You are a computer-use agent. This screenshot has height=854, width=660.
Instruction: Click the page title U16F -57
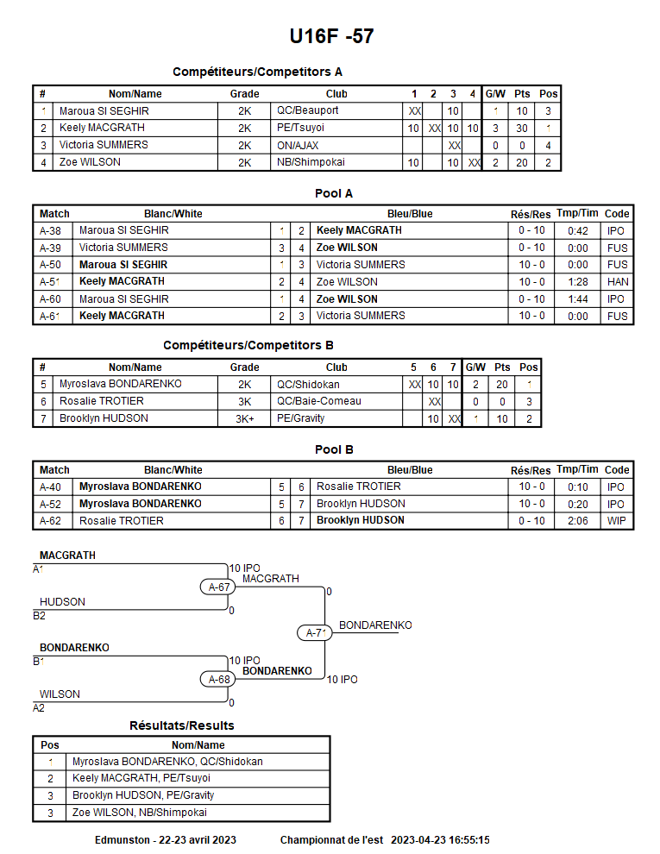pyautogui.click(x=331, y=36)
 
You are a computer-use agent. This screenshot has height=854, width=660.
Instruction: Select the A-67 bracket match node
pyautogui.click(x=220, y=587)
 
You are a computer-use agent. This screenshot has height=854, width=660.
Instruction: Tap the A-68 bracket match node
pyautogui.click(x=220, y=679)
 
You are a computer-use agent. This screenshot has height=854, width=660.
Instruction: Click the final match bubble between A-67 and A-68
pyautogui.click(x=317, y=633)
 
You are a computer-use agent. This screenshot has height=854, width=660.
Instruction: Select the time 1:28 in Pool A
pyautogui.click(x=577, y=282)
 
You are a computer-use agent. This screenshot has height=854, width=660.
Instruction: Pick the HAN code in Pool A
pyautogui.click(x=617, y=282)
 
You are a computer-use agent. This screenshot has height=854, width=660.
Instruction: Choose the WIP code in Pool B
pyautogui.click(x=616, y=521)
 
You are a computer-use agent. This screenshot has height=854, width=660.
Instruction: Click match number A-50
pyautogui.click(x=50, y=265)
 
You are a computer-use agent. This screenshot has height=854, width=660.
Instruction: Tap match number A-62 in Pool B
pyautogui.click(x=50, y=521)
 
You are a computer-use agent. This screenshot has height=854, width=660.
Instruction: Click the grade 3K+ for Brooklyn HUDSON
pyautogui.click(x=244, y=418)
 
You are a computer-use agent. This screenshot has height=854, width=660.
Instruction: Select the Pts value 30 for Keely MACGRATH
pyautogui.click(x=522, y=129)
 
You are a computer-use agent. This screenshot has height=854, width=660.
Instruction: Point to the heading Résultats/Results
pyautogui.click(x=181, y=725)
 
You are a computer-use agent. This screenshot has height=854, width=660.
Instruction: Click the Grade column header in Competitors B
pyautogui.click(x=244, y=367)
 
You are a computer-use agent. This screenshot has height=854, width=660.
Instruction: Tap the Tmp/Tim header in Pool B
pyautogui.click(x=577, y=470)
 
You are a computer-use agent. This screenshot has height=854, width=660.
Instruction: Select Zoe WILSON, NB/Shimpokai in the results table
pyautogui.click(x=140, y=813)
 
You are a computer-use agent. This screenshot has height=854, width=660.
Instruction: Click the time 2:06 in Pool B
pyautogui.click(x=577, y=521)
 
